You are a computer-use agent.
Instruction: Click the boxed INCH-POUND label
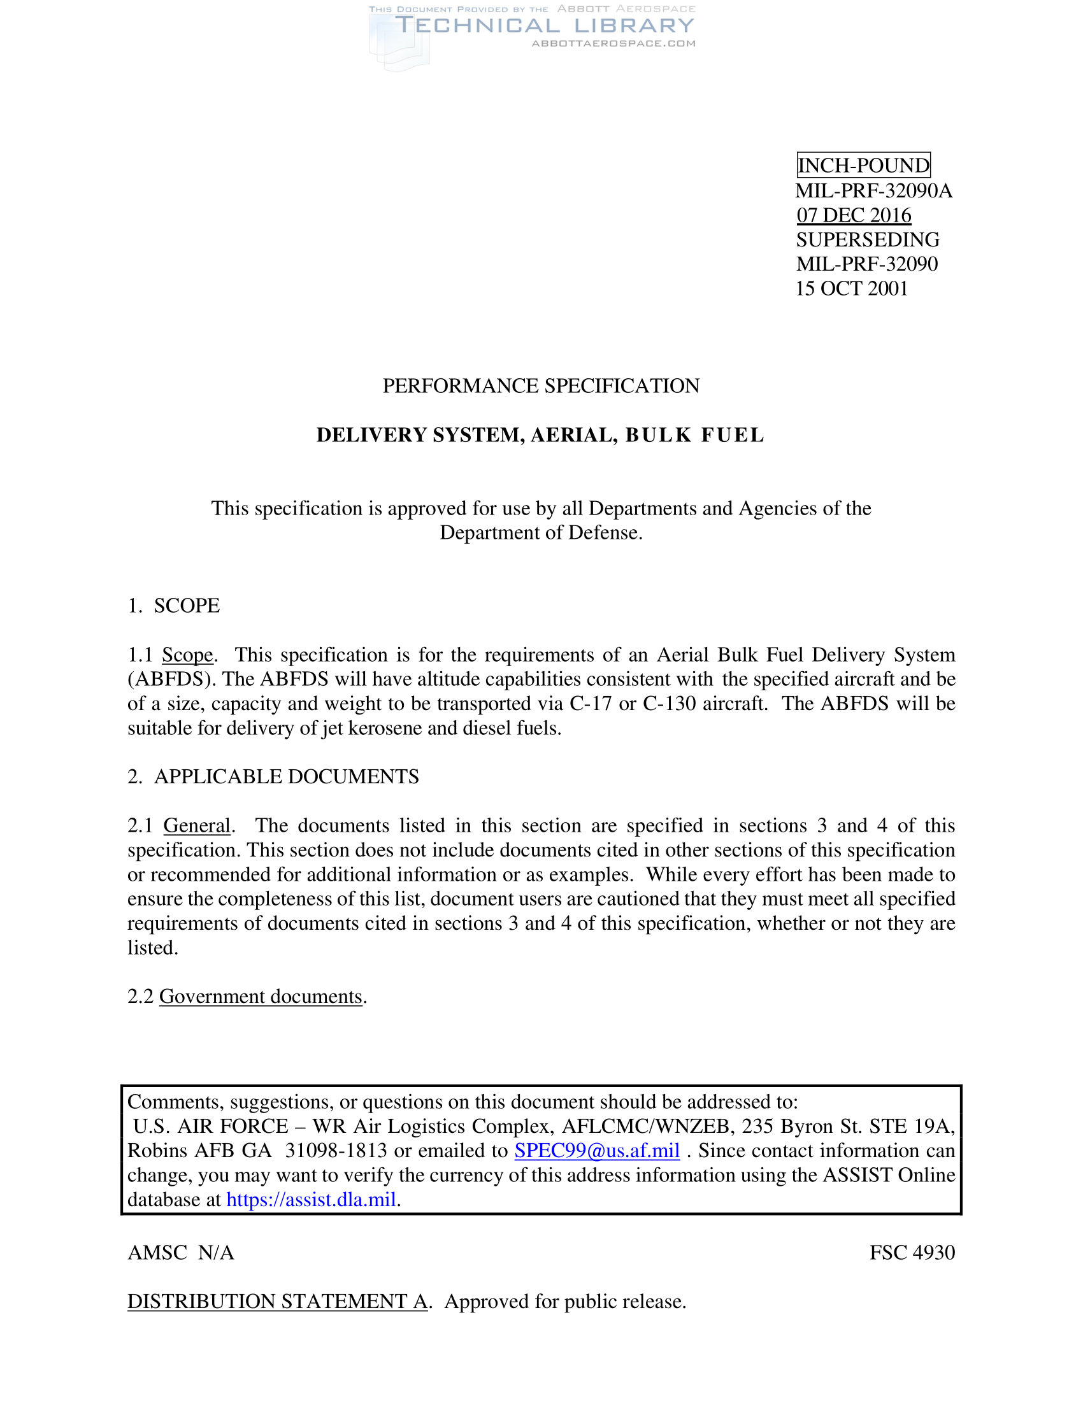pyautogui.click(x=863, y=166)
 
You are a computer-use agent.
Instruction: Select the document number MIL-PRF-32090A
pyautogui.click(x=874, y=190)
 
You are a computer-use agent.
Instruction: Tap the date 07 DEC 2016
pyautogui.click(x=853, y=215)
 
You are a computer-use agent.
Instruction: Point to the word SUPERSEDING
pyautogui.click(x=868, y=239)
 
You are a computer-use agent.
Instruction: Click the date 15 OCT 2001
pyautogui.click(x=851, y=288)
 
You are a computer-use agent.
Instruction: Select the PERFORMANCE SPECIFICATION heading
pyautogui.click(x=541, y=385)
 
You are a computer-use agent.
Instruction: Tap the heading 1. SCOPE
pyautogui.click(x=174, y=606)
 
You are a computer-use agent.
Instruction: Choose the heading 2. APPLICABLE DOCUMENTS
pyautogui.click(x=273, y=777)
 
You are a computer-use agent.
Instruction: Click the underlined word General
pyautogui.click(x=196, y=825)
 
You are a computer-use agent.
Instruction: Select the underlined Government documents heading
pyautogui.click(x=261, y=996)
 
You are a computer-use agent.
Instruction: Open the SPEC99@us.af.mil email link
pyautogui.click(x=597, y=1150)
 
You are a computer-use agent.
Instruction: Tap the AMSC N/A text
pyautogui.click(x=181, y=1252)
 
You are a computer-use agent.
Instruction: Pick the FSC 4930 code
pyautogui.click(x=912, y=1252)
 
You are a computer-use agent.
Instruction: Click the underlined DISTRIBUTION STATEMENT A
pyautogui.click(x=277, y=1301)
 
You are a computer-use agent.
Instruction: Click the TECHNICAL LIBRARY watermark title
pyautogui.click(x=544, y=25)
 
